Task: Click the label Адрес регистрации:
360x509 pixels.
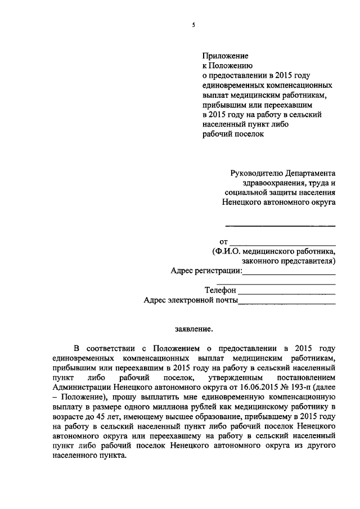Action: click(x=206, y=271)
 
